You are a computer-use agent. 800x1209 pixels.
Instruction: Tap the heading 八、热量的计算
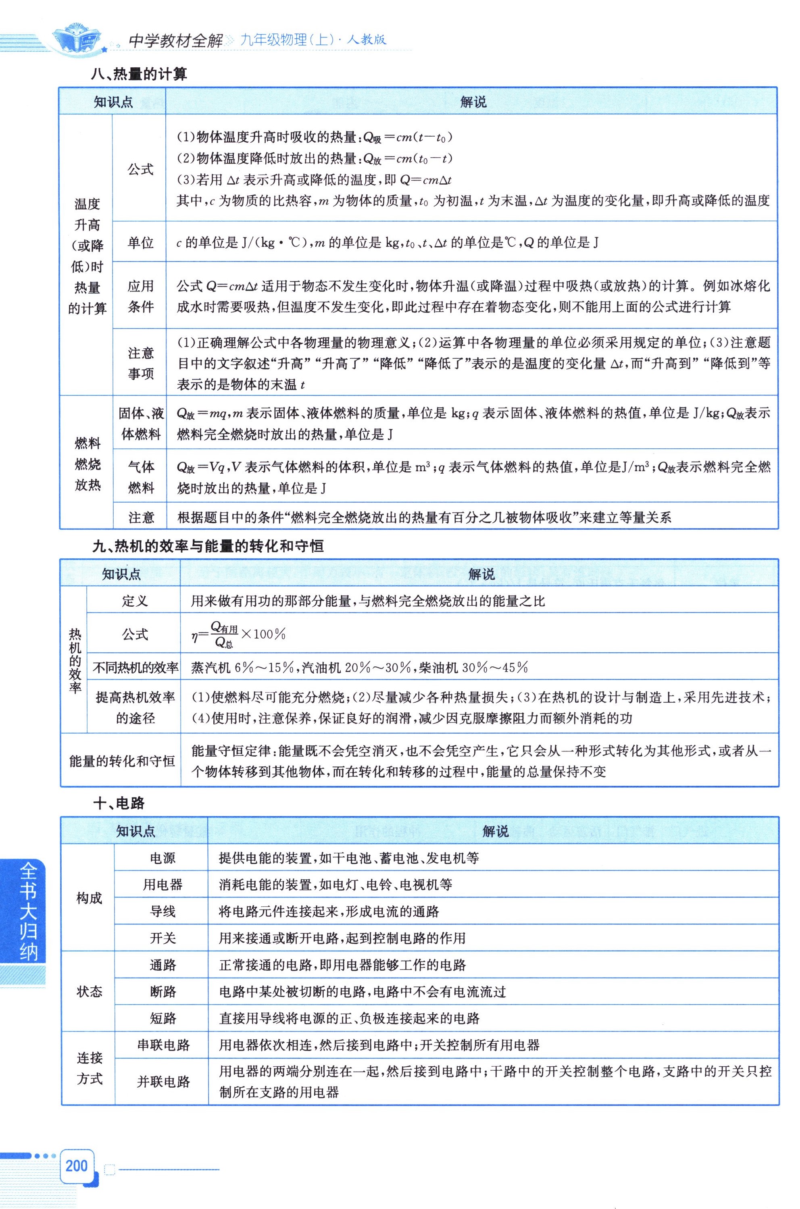[x=139, y=75]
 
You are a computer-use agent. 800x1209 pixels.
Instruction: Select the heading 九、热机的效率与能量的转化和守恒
[x=208, y=546]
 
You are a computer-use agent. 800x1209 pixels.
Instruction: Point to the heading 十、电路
[x=119, y=803]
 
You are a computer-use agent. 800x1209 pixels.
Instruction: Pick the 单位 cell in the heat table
[x=140, y=243]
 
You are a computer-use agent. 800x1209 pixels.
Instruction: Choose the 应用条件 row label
[x=140, y=296]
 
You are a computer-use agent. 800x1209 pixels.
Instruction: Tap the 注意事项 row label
[x=140, y=363]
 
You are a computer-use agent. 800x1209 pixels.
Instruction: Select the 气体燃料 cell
[x=140, y=477]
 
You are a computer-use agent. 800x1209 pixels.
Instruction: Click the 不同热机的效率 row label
[x=135, y=667]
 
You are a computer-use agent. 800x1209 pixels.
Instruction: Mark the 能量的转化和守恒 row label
[x=121, y=761]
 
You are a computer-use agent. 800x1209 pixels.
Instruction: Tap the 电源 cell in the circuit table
[x=162, y=858]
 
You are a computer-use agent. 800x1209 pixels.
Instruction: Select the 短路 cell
[x=162, y=1019]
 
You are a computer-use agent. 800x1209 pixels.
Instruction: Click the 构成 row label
[x=89, y=898]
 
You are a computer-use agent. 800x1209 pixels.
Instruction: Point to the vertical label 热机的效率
[x=75, y=660]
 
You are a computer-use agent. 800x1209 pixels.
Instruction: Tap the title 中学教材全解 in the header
[x=175, y=40]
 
